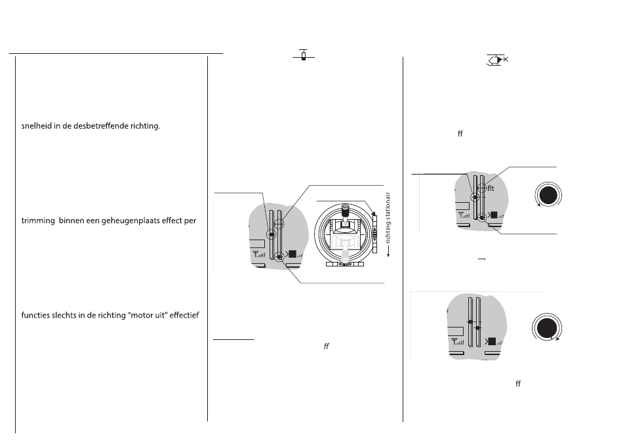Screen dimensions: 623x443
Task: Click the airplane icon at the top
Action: coord(304,55)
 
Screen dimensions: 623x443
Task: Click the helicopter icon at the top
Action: coord(497,60)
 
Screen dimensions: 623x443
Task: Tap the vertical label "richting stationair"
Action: coord(388,217)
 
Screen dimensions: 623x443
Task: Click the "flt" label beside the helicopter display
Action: coord(491,188)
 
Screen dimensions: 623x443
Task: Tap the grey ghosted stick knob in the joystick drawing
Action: coord(345,255)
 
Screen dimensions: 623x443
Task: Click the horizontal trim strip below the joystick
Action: coord(345,264)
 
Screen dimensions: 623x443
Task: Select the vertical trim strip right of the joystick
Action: coord(374,234)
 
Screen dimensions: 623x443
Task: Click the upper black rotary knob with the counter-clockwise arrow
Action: coord(548,195)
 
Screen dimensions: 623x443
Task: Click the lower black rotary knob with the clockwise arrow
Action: coord(547,327)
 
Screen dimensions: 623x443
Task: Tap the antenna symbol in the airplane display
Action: coord(259,254)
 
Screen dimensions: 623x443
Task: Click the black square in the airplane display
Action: coord(292,254)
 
